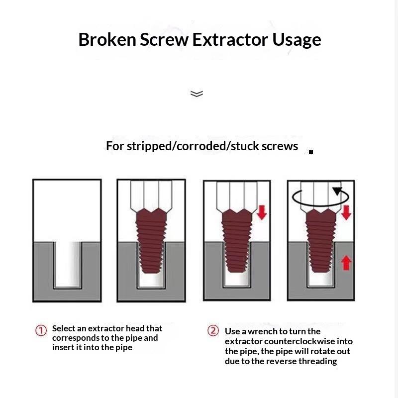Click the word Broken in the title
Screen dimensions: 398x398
point(107,39)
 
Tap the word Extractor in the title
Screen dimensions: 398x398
point(230,39)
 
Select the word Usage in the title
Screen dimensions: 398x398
point(297,41)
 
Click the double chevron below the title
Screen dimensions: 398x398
point(197,94)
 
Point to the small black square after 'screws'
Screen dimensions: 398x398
point(311,152)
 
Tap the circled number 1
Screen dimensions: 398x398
point(41,330)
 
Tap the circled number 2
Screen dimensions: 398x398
point(213,331)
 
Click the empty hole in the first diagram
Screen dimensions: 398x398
point(68,264)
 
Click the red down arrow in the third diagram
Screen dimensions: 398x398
point(262,212)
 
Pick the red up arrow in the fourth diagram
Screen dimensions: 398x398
point(346,263)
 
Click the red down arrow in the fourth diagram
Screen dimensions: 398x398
point(346,212)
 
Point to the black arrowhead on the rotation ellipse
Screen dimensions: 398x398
point(338,191)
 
